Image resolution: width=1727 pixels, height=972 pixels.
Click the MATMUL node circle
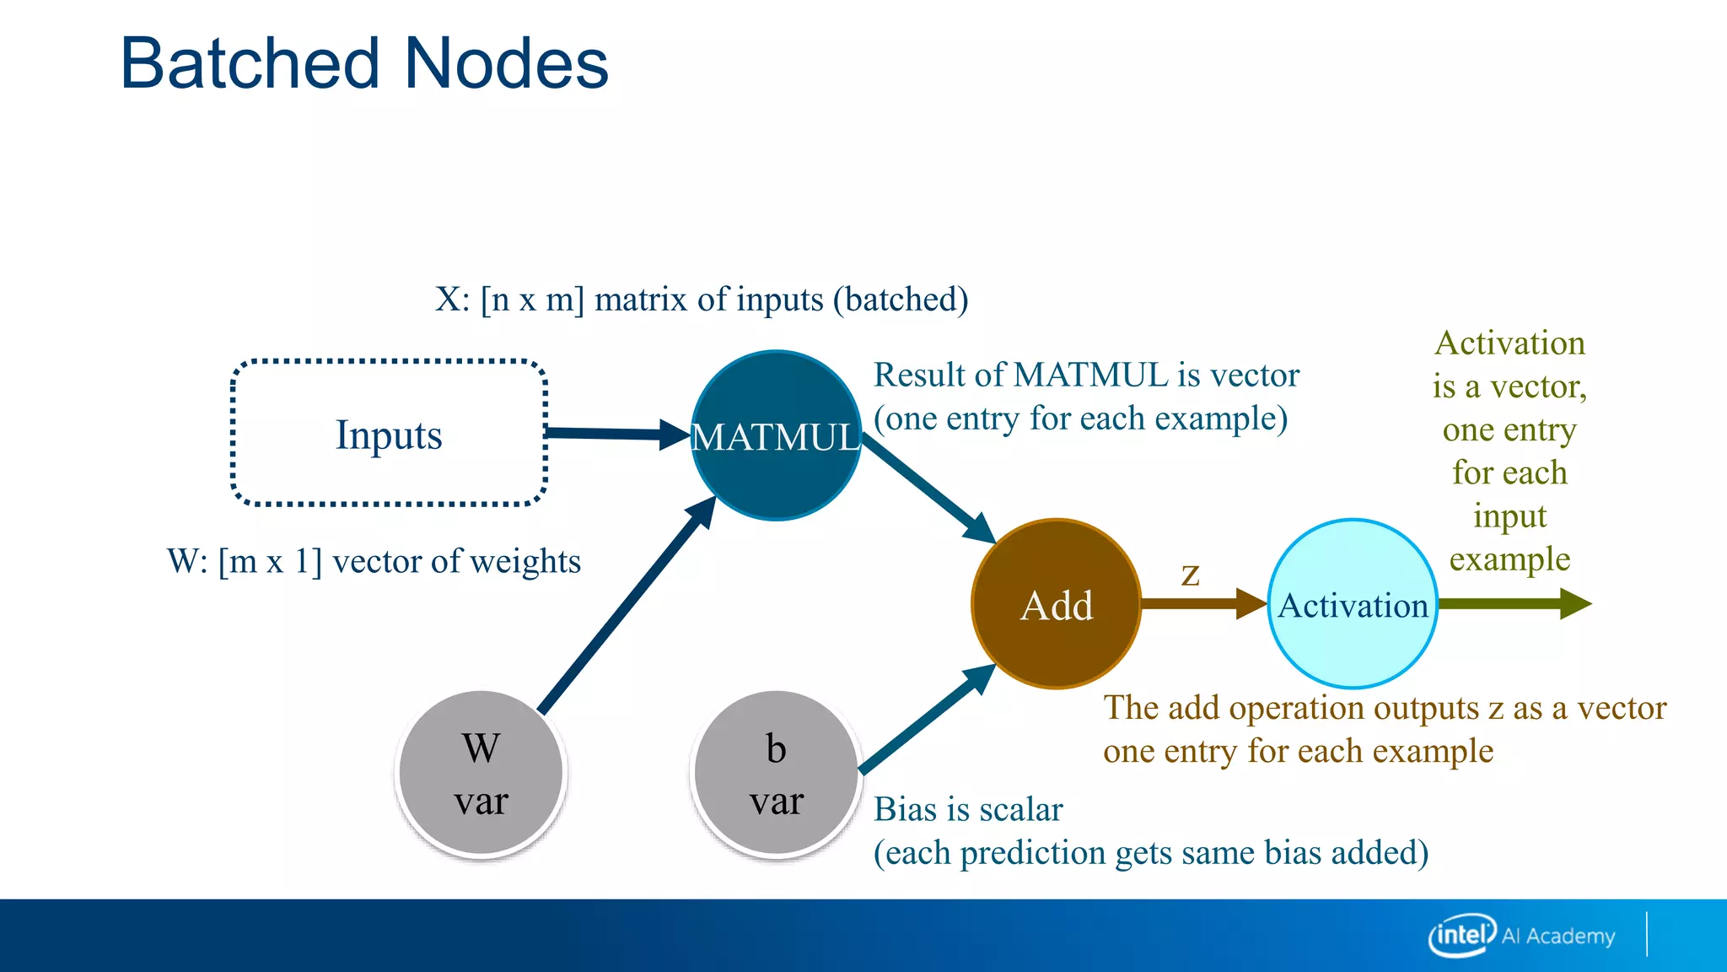tap(776, 472)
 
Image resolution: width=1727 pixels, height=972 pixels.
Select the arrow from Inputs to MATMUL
tap(616, 434)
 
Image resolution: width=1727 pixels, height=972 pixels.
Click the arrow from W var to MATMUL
tap(624, 607)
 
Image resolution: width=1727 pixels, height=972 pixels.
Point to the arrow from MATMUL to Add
tap(928, 489)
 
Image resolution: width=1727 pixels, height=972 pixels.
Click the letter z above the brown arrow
tap(1190, 575)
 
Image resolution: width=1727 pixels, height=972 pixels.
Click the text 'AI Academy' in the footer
tap(1558, 936)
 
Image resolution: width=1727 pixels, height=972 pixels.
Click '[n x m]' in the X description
tap(532, 300)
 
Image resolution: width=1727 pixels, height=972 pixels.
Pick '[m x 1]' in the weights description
tap(270, 561)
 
